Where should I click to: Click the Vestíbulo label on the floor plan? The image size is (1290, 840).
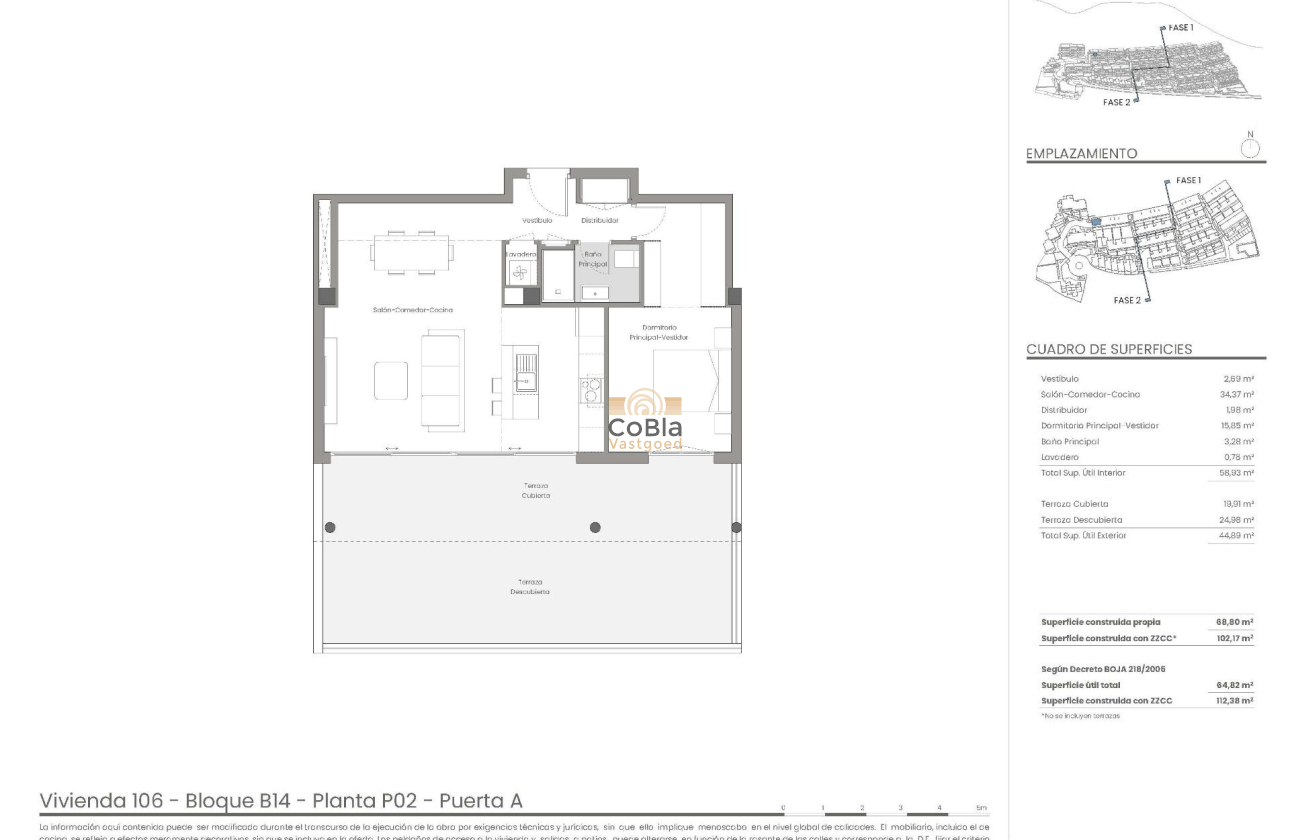(536, 220)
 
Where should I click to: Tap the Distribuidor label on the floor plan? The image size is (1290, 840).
(599, 220)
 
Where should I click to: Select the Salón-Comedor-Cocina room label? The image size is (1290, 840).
(412, 310)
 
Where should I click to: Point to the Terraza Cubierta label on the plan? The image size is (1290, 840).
(535, 490)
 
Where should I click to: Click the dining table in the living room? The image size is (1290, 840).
(411, 253)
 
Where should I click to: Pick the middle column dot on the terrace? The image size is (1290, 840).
(595, 527)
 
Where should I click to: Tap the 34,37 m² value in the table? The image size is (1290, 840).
(1238, 395)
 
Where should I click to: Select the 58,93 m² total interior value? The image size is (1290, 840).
(1237, 473)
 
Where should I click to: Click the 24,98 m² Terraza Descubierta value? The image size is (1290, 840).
(1237, 520)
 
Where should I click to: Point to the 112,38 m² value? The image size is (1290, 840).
(1234, 701)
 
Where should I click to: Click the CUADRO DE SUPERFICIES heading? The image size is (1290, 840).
(1109, 349)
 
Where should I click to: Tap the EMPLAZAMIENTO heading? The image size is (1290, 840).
(1081, 154)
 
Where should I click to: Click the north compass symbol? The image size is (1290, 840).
(1250, 148)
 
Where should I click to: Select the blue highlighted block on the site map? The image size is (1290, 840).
(1095, 222)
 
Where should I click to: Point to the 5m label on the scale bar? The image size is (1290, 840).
(981, 808)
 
